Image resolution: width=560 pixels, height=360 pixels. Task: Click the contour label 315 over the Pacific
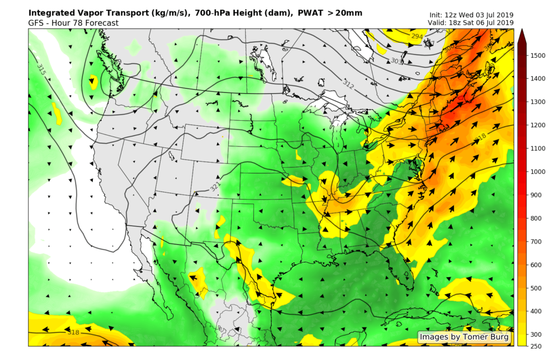(x=41, y=69)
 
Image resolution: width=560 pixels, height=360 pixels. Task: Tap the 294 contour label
(x=417, y=36)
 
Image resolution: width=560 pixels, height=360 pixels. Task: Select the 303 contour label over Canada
(x=397, y=61)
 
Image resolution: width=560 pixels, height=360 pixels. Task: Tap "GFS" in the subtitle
(x=36, y=23)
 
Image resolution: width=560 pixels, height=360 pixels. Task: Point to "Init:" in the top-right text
(x=438, y=15)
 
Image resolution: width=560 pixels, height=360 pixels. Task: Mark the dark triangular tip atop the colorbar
(x=521, y=36)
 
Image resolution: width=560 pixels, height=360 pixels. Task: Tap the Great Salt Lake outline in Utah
(x=172, y=157)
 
